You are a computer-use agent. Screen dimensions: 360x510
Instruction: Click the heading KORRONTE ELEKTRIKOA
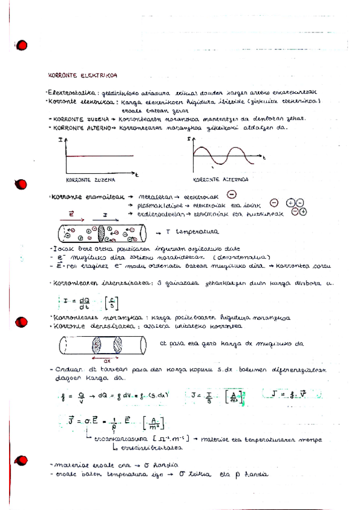(x=82, y=75)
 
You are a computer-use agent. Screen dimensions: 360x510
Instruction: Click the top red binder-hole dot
(x=23, y=46)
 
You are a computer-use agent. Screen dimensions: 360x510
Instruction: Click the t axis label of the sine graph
(x=263, y=157)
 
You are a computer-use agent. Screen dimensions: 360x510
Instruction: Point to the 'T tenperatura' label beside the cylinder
(x=192, y=231)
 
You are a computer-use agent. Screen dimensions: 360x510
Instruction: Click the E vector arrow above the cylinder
(x=73, y=214)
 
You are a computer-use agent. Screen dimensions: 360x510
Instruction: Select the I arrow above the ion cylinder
(x=105, y=215)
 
